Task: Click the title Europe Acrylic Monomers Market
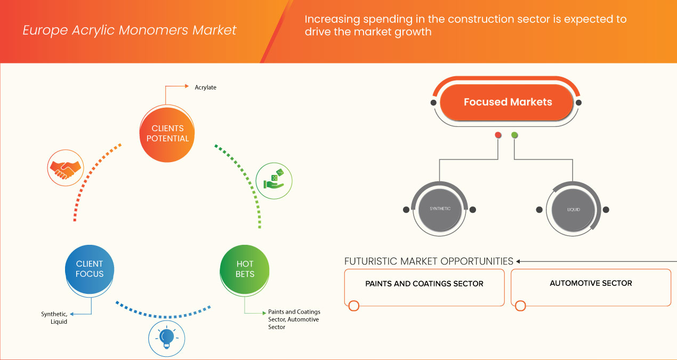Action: click(x=129, y=30)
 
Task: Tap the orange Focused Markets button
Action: click(x=507, y=102)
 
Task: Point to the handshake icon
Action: click(x=65, y=167)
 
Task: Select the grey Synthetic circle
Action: click(x=440, y=209)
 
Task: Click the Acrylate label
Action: click(x=205, y=87)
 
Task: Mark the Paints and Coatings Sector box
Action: click(x=424, y=287)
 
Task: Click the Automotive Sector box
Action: click(x=591, y=287)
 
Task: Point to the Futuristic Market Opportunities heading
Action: click(x=429, y=261)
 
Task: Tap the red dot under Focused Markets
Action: click(x=498, y=135)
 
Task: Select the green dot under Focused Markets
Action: click(x=514, y=135)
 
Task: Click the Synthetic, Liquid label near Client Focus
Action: click(x=54, y=318)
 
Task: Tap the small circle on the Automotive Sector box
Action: click(x=520, y=306)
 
